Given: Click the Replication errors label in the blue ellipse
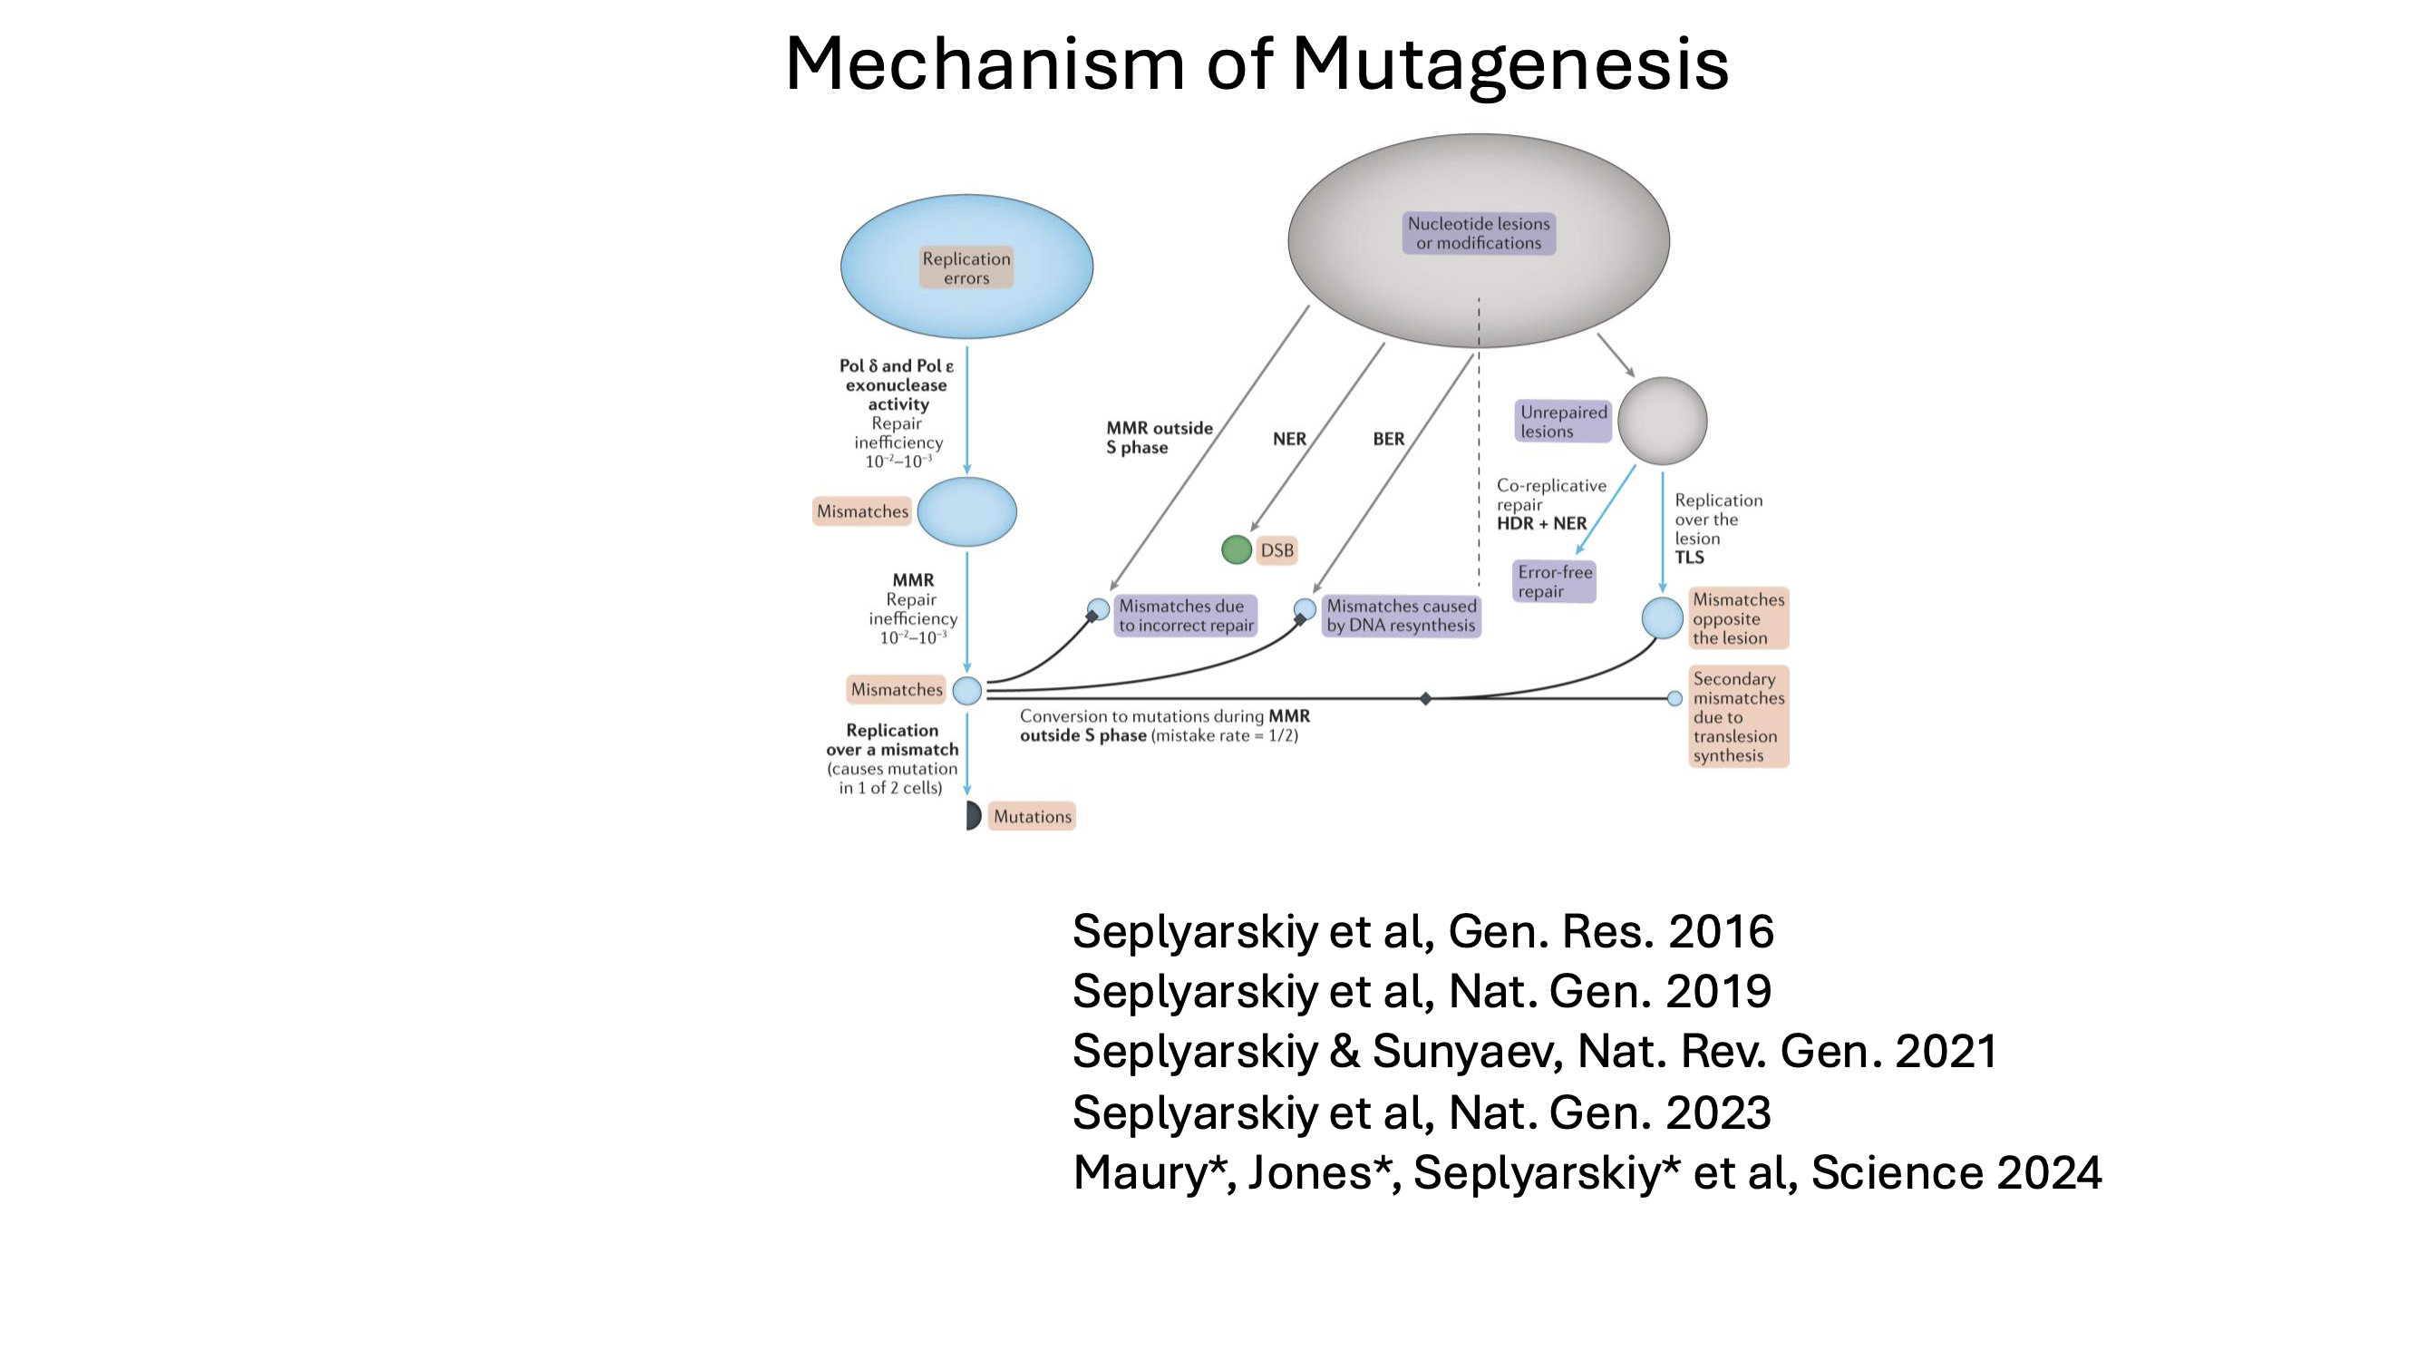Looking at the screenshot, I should click(966, 268).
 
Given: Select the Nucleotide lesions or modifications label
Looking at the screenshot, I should click(1478, 233).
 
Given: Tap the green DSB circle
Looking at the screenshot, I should click(1236, 550).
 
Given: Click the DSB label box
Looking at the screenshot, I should click(1276, 550).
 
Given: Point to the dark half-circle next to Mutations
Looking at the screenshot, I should click(973, 816).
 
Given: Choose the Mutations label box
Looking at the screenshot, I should click(1031, 817).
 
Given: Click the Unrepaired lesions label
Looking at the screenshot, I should click(1563, 422).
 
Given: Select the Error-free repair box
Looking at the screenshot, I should click(1554, 582).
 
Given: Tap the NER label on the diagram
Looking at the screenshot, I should click(1288, 439).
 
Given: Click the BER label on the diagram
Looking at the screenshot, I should click(1388, 439).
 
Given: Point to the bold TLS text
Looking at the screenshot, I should click(1689, 558).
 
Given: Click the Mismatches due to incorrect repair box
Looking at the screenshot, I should click(1185, 616).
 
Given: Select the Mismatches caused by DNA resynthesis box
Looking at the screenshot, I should click(1401, 616).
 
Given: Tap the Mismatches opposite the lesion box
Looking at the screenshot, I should click(1738, 618).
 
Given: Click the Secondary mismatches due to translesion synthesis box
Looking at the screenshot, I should click(1738, 717).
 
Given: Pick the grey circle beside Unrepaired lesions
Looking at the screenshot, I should click(1662, 422).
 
